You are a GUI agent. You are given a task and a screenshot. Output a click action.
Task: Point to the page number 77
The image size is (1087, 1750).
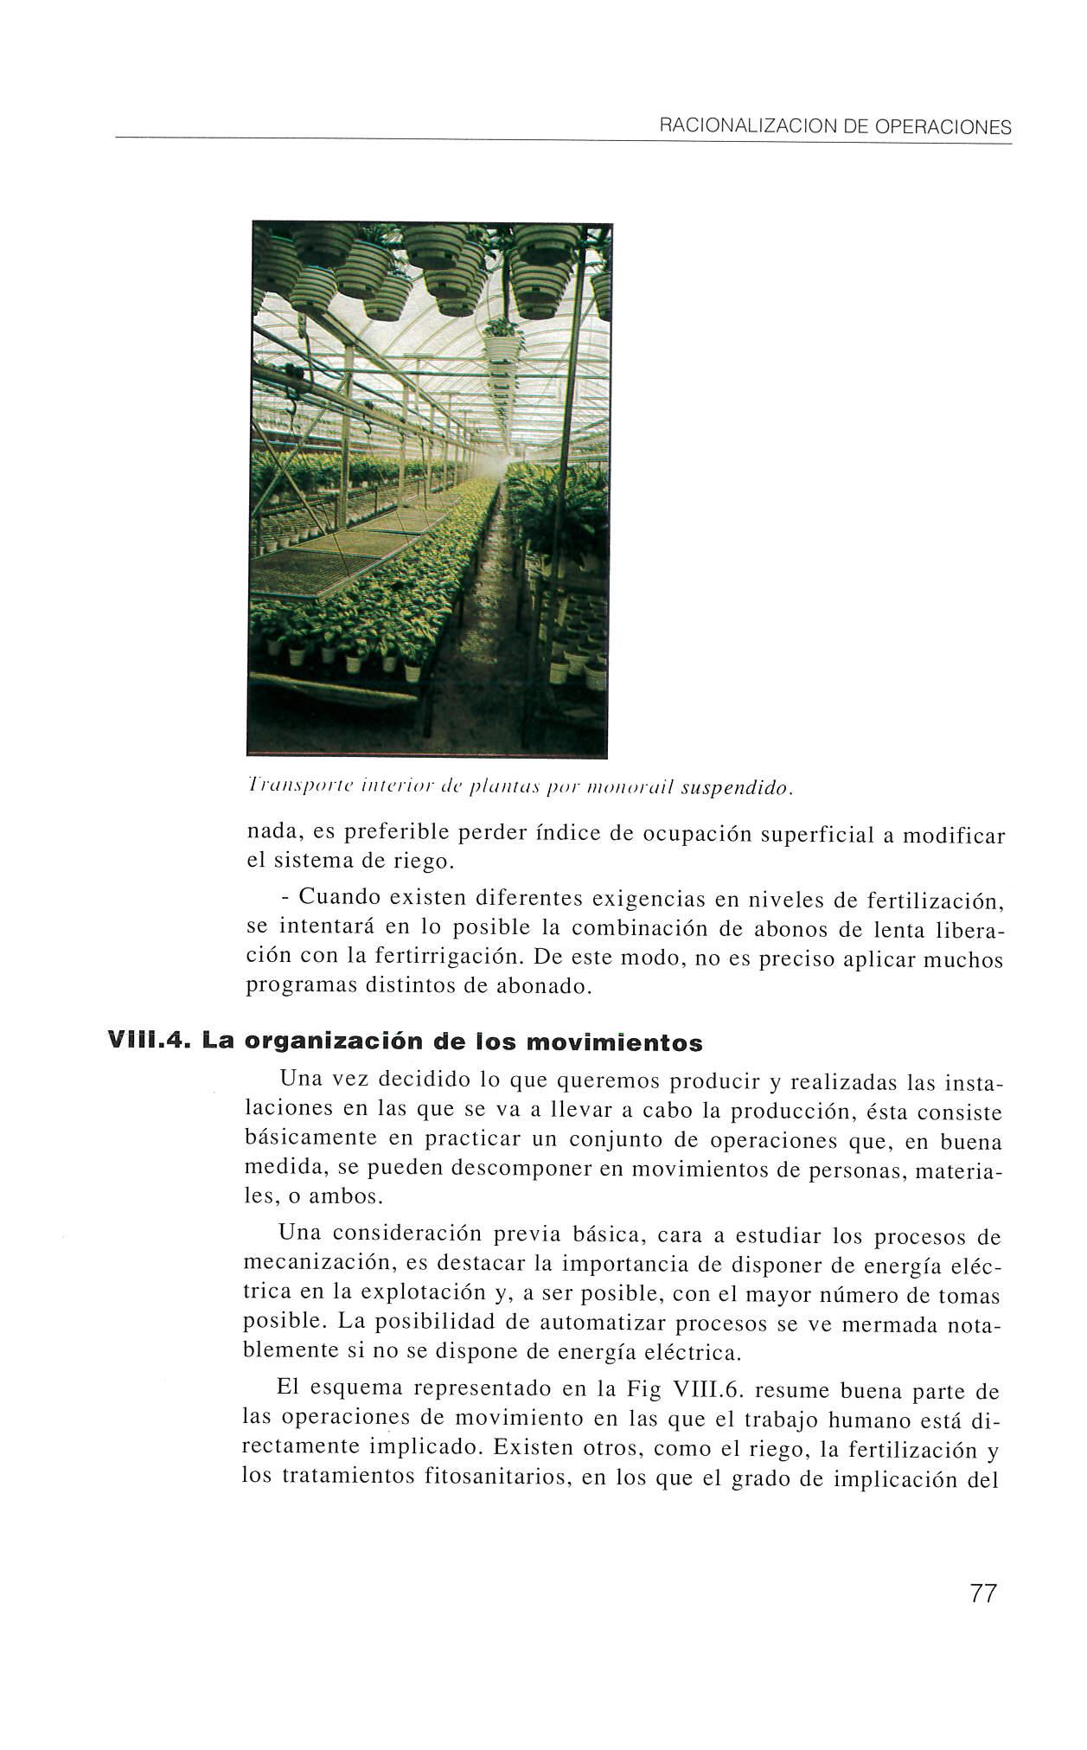click(983, 1593)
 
